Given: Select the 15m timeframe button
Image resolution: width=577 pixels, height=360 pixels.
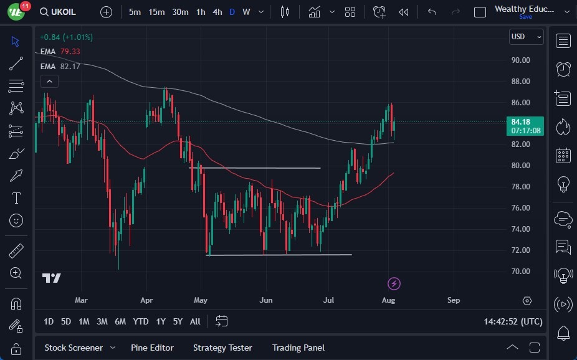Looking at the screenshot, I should (156, 12).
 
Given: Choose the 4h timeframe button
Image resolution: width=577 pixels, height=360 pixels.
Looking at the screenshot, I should (217, 12).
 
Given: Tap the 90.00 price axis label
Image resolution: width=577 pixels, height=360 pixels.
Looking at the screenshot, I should (520, 60).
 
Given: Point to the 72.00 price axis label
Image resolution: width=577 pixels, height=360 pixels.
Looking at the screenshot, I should (520, 250).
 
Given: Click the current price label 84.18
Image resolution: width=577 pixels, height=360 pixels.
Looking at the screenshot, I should (520, 121).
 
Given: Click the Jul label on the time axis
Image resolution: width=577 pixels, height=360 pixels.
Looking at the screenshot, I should (329, 300).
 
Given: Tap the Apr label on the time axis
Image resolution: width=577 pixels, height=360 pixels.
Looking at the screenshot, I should (146, 300).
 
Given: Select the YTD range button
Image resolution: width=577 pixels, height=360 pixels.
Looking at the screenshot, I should (141, 321).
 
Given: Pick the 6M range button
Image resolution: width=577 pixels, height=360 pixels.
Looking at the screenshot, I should (120, 321).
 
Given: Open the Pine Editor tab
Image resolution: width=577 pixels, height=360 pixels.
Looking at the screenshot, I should (152, 348).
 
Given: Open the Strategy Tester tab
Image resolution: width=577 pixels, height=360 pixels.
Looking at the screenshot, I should (222, 348).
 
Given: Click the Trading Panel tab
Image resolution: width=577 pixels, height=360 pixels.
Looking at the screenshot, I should (298, 348).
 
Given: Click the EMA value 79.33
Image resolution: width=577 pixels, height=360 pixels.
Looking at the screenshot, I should (70, 52).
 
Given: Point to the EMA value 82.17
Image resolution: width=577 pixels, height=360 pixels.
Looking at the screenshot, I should (70, 66).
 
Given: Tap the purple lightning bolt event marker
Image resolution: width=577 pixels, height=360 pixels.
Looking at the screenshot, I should (394, 284).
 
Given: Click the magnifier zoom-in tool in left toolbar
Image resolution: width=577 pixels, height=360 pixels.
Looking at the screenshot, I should (16, 273).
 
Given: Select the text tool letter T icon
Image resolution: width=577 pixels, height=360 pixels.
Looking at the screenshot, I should (16, 198).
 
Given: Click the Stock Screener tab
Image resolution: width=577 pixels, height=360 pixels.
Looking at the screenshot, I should (74, 348).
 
